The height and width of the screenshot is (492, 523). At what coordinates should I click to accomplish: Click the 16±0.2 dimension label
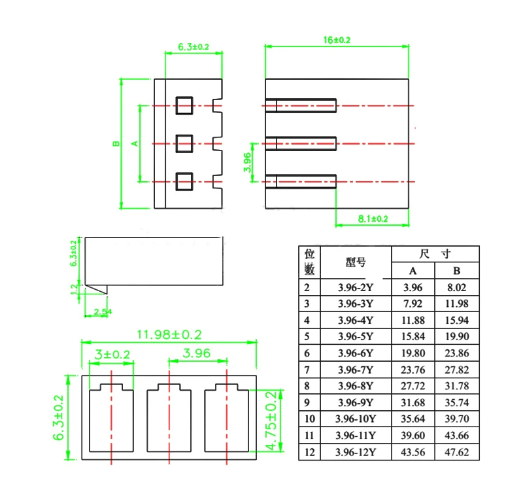pyautogui.click(x=337, y=40)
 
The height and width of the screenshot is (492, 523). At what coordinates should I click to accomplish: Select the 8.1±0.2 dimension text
pyautogui.click(x=373, y=219)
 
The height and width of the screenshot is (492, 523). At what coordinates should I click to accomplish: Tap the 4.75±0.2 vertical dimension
pyautogui.click(x=271, y=421)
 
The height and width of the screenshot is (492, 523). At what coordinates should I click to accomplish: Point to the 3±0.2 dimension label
pyautogui.click(x=112, y=354)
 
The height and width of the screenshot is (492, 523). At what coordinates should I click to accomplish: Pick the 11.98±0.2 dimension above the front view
pyautogui.click(x=168, y=334)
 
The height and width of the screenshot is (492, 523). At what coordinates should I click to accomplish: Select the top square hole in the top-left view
pyautogui.click(x=184, y=105)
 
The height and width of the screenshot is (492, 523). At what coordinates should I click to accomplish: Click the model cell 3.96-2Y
pyautogui.click(x=356, y=287)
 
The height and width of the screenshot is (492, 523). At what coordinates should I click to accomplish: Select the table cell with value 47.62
pyautogui.click(x=457, y=451)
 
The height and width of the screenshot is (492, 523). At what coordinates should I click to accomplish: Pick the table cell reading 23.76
pyautogui.click(x=413, y=369)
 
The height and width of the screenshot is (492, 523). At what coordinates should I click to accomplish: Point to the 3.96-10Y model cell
pyautogui.click(x=356, y=419)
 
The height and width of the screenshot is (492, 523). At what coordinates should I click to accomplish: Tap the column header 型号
pyautogui.click(x=356, y=262)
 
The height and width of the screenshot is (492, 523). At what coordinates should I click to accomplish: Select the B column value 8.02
pyautogui.click(x=457, y=287)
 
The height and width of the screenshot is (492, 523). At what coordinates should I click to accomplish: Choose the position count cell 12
pyautogui.click(x=309, y=451)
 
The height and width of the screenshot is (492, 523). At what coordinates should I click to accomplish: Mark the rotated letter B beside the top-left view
pyautogui.click(x=115, y=143)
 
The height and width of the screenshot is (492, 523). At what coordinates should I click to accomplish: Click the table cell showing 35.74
pyautogui.click(x=457, y=402)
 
